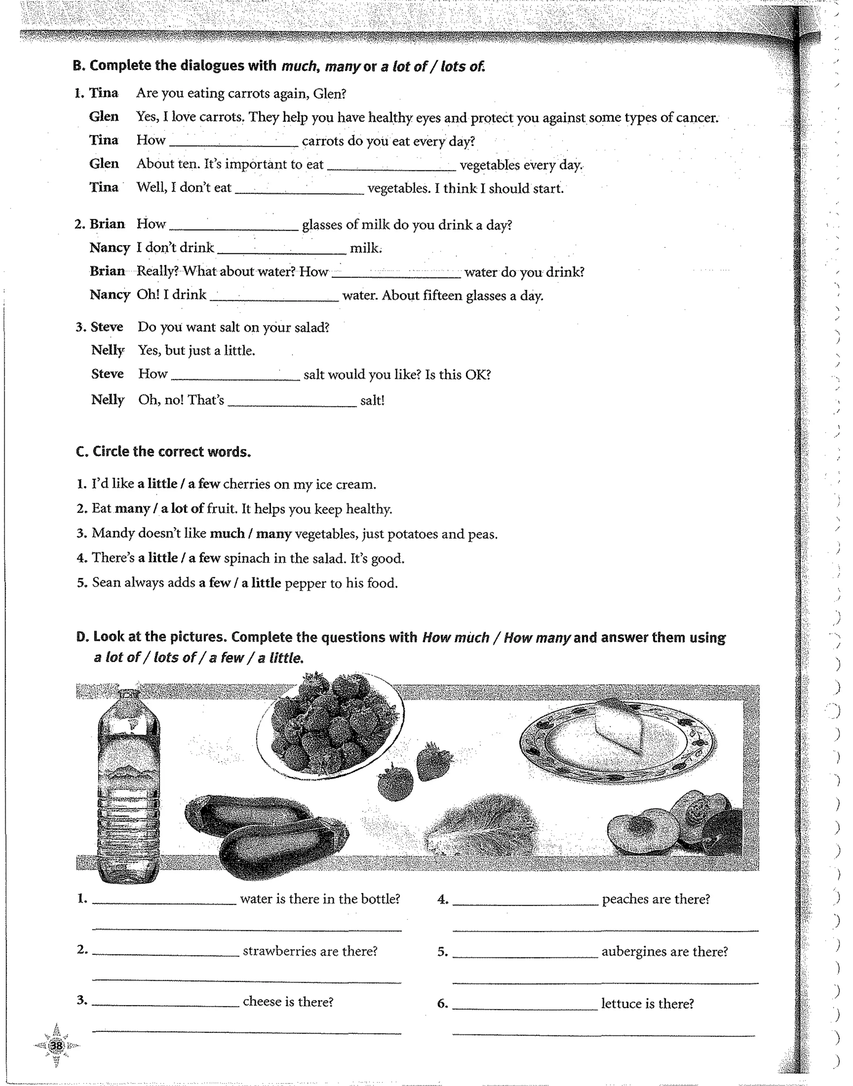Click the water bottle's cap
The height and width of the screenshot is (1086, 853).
click(128, 694)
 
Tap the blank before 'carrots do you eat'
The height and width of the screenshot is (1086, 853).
click(233, 141)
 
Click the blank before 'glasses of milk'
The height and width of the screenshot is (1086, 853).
click(233, 225)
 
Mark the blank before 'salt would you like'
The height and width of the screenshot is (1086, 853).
click(235, 374)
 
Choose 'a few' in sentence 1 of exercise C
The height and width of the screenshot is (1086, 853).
click(204, 484)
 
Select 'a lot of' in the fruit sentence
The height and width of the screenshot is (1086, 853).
click(182, 509)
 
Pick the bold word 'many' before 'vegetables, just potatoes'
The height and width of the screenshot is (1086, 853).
click(273, 534)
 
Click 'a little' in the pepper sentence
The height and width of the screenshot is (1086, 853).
click(261, 583)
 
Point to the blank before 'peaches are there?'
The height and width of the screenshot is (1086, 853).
click(524, 900)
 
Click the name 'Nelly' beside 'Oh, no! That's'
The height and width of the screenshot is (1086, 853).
click(108, 400)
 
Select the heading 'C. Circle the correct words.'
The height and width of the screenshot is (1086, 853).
click(163, 452)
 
